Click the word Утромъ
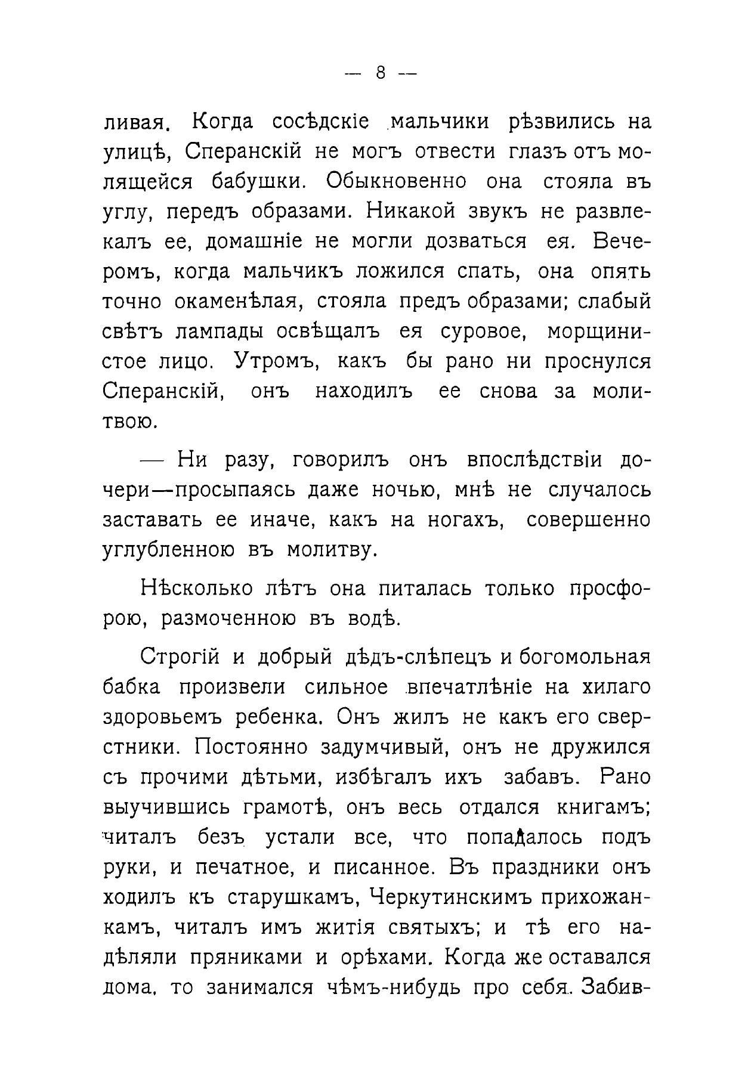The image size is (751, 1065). tap(278, 361)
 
